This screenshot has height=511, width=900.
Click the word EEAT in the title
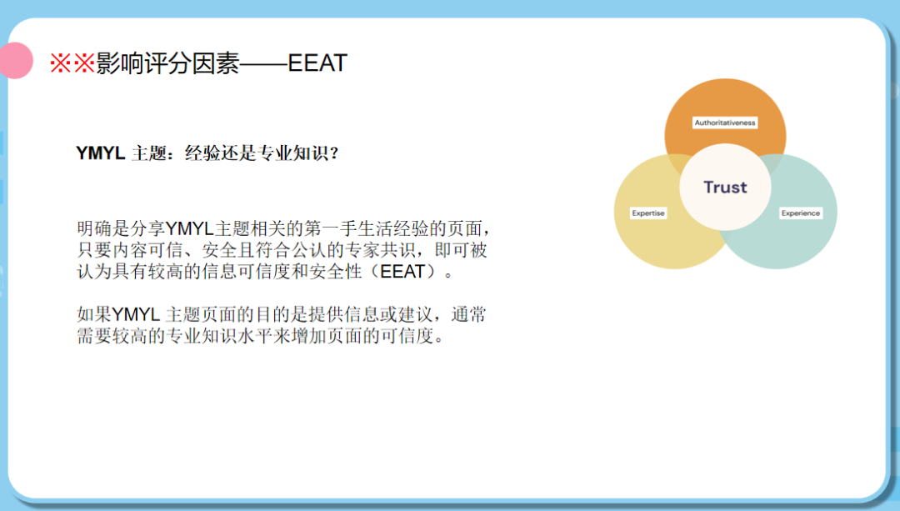[x=317, y=63]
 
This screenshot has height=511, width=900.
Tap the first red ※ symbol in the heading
[x=61, y=64]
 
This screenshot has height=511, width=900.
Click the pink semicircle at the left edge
[x=14, y=61]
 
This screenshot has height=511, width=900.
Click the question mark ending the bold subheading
[x=334, y=153]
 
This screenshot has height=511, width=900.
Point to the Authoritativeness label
[x=725, y=123]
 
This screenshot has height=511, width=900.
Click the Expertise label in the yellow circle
[x=648, y=213]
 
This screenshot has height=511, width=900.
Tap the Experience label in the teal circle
[x=800, y=213]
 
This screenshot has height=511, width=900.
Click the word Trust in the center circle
[x=725, y=187]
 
